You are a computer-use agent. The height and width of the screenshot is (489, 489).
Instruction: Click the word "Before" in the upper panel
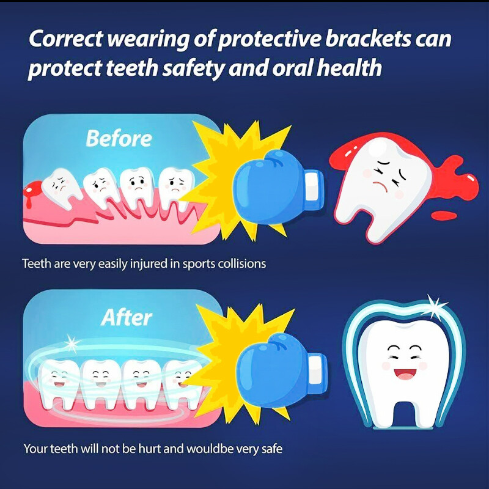(119, 138)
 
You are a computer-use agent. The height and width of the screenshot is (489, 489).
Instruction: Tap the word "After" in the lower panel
(126, 317)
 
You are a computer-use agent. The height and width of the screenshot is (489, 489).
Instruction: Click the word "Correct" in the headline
(65, 39)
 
